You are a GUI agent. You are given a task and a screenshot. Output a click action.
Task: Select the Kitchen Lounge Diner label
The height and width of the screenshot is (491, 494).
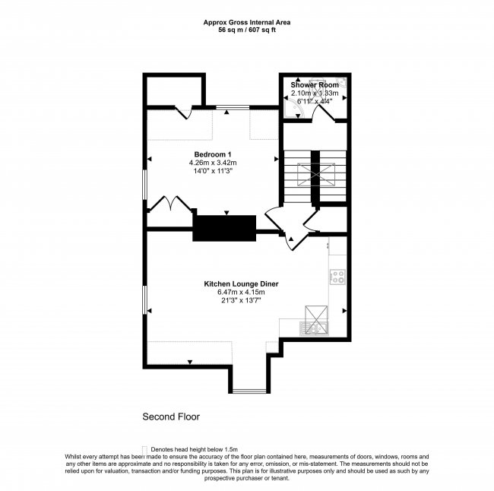(x=241, y=284)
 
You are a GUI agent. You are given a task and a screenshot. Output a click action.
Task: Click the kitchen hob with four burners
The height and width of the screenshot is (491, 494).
(x=338, y=277)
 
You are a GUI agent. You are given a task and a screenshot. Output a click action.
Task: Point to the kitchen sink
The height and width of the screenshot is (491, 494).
(x=313, y=328)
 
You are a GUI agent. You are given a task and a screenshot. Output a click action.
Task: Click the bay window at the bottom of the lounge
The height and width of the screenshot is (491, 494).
(x=249, y=391)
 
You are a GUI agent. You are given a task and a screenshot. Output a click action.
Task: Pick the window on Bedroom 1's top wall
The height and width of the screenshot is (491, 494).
(x=232, y=108)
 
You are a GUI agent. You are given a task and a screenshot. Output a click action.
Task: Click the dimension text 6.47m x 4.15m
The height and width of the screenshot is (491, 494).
(x=241, y=292)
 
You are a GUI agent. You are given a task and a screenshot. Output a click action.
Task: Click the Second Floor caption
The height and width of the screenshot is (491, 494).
(x=171, y=417)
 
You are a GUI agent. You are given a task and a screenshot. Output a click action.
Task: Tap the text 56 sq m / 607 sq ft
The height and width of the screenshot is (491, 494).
(x=246, y=30)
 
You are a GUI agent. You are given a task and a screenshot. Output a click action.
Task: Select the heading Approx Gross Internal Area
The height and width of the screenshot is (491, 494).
(x=246, y=23)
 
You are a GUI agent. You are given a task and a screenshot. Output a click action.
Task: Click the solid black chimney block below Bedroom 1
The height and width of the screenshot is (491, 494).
(x=224, y=228)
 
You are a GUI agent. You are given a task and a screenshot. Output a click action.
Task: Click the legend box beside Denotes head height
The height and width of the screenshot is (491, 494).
(x=144, y=449)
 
